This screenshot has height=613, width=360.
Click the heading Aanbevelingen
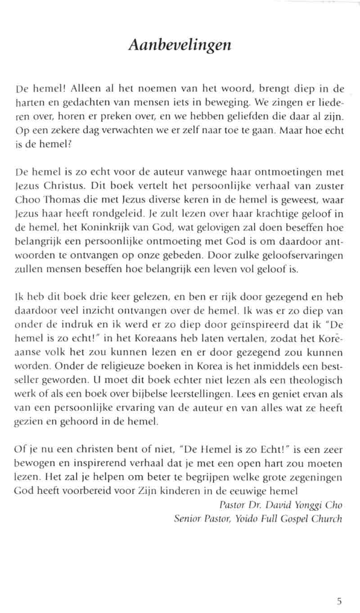180,45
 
